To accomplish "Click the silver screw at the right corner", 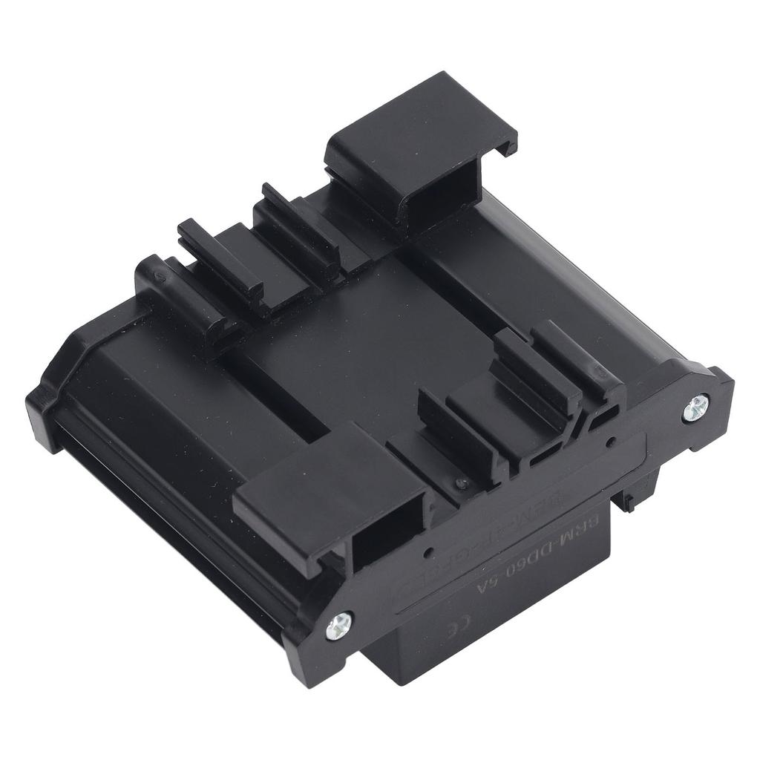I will point(698,404).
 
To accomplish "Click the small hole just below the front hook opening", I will point(429,554).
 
